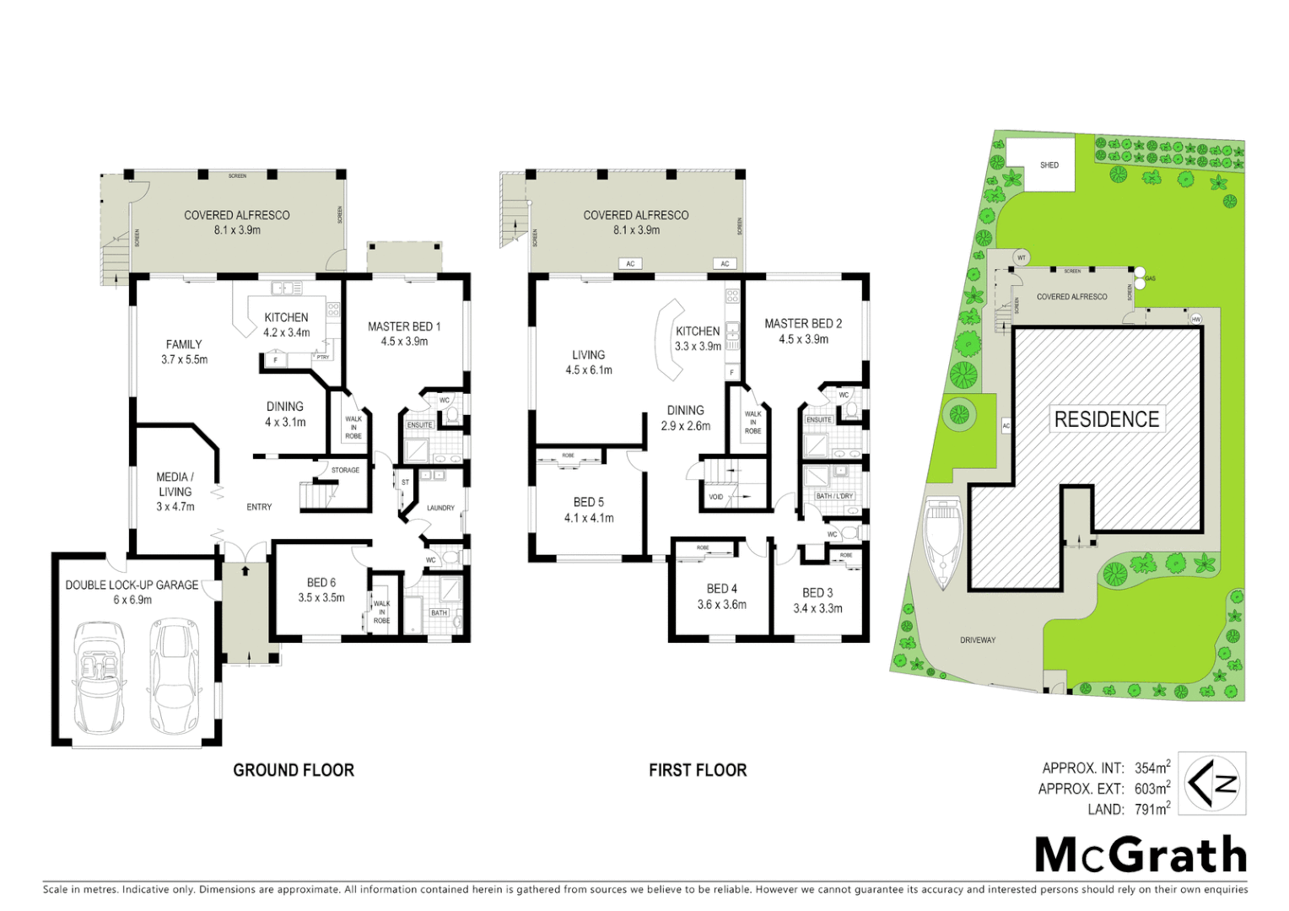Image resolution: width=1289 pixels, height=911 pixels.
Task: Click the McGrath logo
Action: (1141, 854)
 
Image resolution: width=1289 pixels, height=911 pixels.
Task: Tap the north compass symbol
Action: (1211, 784)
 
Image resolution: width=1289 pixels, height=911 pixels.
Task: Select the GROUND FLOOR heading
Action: (294, 770)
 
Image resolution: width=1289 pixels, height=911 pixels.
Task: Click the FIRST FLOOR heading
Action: (698, 770)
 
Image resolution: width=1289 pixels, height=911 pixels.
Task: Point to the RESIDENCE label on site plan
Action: (1106, 419)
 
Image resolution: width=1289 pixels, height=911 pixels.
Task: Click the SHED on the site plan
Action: (1049, 165)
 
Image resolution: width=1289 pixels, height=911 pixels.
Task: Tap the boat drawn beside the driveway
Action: (943, 543)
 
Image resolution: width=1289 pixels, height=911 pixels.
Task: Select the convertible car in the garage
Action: (100, 678)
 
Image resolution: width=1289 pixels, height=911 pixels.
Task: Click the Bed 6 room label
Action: (321, 583)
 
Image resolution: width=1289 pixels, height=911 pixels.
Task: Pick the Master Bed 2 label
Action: (803, 324)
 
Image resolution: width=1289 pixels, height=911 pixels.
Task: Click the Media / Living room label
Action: (175, 484)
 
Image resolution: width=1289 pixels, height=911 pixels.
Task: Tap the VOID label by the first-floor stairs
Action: (715, 497)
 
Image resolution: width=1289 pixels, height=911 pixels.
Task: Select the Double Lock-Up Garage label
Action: (132, 585)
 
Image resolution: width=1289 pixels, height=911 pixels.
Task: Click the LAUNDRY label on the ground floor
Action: (440, 508)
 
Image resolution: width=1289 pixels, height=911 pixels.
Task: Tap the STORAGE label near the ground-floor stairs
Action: (345, 470)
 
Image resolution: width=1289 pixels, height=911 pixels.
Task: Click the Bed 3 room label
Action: (817, 593)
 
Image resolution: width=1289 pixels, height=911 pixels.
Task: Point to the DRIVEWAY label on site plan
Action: (978, 640)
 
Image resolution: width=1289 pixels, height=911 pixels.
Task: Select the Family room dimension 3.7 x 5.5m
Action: (184, 359)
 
